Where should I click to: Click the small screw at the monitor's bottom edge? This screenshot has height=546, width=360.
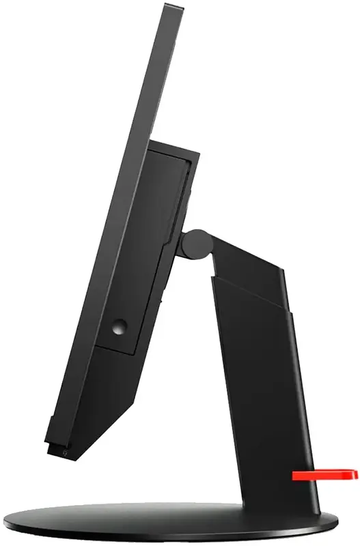click(64, 450)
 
